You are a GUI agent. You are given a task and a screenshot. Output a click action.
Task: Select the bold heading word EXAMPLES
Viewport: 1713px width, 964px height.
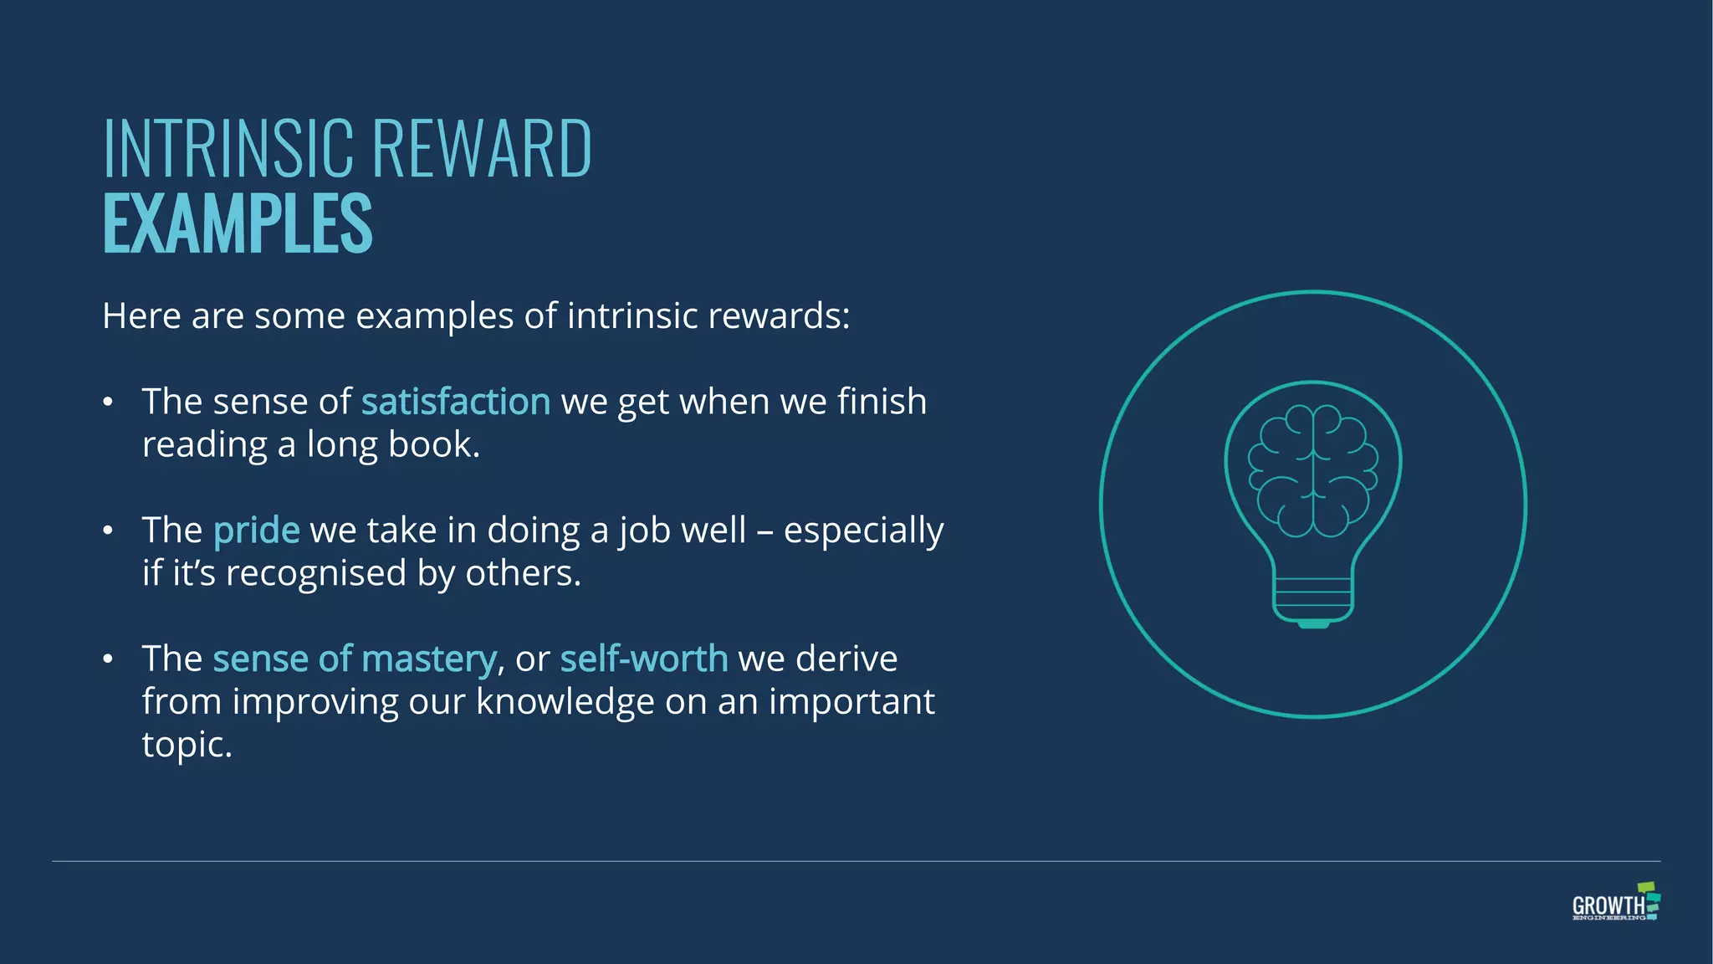pos(238,223)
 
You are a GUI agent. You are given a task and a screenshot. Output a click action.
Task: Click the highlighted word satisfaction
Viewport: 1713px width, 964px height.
pos(456,402)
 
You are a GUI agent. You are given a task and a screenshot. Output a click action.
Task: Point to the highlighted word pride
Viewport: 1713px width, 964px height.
pos(256,531)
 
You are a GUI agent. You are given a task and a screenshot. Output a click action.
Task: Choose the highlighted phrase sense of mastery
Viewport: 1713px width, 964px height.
pos(355,659)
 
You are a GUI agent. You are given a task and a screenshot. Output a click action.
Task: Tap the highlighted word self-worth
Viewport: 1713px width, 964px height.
pos(644,659)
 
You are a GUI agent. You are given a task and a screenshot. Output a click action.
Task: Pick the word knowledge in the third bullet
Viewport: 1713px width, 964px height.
pos(565,701)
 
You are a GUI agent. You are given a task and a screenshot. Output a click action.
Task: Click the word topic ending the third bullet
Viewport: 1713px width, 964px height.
pos(186,745)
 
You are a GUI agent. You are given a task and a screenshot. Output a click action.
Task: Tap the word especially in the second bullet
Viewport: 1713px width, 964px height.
pos(863,531)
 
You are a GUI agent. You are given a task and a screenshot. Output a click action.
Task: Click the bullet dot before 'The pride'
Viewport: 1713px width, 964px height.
pos(108,531)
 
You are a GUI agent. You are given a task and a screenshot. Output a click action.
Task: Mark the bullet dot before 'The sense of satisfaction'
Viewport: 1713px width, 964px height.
pos(108,403)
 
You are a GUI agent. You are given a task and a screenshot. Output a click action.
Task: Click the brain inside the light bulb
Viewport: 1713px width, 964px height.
pos(1312,470)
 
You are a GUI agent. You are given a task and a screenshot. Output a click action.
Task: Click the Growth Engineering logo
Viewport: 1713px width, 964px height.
pos(1615,903)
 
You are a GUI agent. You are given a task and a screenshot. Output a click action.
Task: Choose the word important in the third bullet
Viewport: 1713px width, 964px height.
pos(851,701)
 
